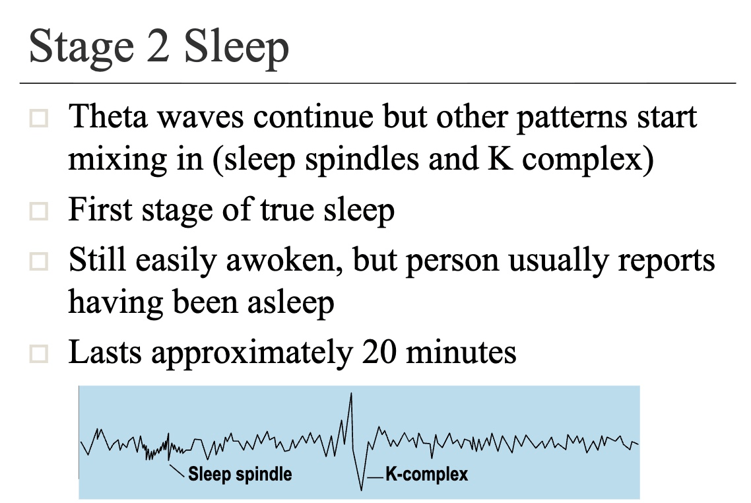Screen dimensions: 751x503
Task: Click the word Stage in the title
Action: pos(81,47)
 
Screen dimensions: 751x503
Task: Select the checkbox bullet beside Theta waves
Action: pos(39,118)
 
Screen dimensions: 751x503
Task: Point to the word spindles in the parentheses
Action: pos(362,158)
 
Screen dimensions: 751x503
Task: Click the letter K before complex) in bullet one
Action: pos(500,158)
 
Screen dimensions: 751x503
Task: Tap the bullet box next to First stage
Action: pos(39,211)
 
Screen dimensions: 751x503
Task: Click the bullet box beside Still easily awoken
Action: pos(39,261)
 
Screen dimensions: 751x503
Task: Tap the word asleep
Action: pos(291,303)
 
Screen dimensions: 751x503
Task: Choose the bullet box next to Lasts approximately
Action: pos(39,354)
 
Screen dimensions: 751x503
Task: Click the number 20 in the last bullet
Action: pos(379,352)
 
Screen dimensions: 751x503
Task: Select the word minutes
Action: pos(461,352)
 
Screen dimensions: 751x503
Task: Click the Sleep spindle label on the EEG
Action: pos(240,474)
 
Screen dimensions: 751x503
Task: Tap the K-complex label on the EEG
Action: pos(427,474)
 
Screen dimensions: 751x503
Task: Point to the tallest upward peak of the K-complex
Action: pos(351,394)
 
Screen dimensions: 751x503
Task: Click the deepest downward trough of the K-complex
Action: pos(361,490)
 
